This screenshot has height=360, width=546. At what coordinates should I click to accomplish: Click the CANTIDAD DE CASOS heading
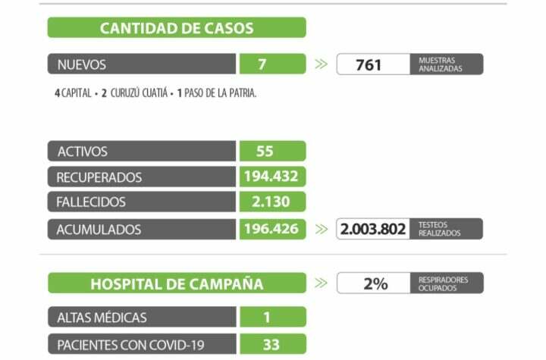point(177,29)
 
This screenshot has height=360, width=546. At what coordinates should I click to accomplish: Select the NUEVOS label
point(82,64)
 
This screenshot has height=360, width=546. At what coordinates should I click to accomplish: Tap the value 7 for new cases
point(262,64)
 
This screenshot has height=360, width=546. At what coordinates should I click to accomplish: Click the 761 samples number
point(369,64)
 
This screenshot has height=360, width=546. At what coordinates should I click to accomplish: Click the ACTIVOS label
point(83,152)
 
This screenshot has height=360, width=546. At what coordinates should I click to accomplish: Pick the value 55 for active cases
point(265,152)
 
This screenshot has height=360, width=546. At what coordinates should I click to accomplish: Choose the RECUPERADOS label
point(99,177)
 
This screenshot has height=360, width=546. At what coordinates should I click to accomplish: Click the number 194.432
point(271,177)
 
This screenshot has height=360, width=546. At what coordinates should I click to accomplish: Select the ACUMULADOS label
point(99,229)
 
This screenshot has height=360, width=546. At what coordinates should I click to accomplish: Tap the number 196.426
point(271,229)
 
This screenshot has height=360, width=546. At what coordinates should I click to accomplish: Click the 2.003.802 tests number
point(373,229)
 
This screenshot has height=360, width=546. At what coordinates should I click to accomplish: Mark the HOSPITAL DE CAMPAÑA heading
point(177,284)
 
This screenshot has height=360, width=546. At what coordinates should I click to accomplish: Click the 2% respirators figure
point(375,283)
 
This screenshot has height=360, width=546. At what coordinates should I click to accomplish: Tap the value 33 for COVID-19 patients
point(271,345)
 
